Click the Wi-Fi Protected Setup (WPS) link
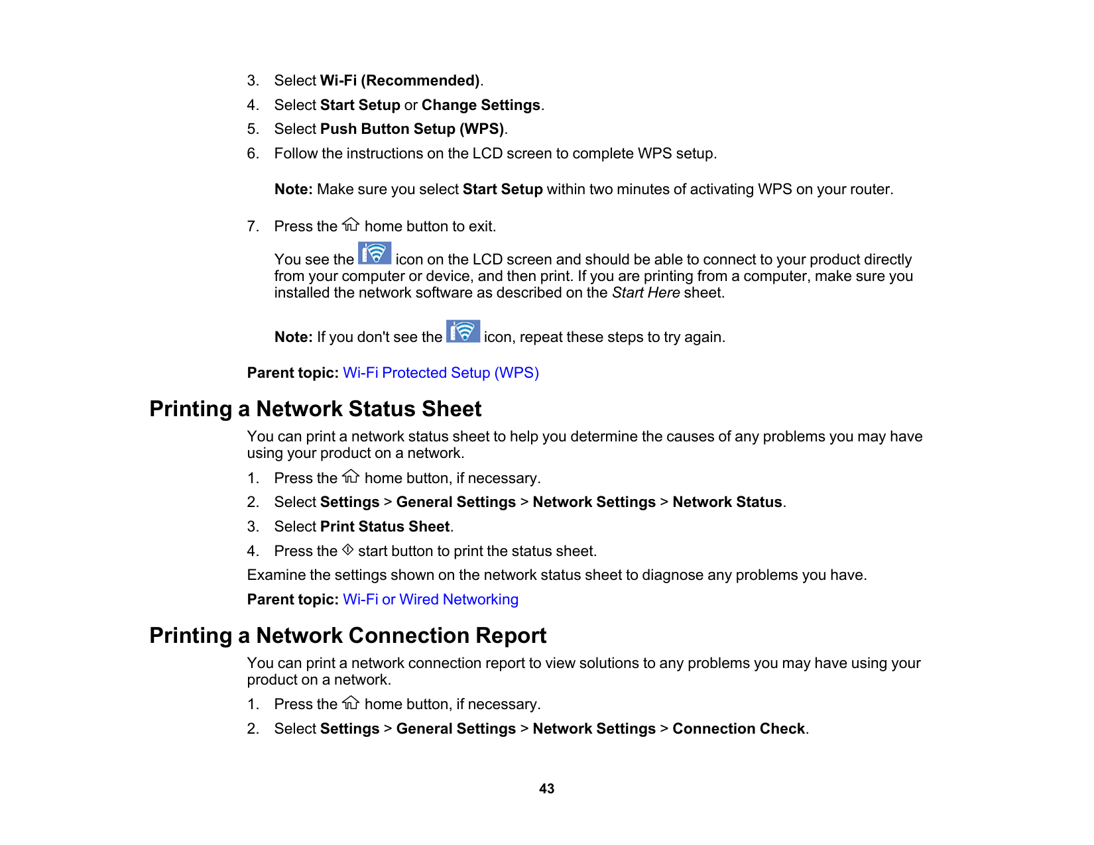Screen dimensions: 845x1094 (440, 373)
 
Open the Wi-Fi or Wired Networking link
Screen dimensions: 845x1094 (430, 600)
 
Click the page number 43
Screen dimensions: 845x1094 (546, 789)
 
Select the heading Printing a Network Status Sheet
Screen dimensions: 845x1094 (315, 409)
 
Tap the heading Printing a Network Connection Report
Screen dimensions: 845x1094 (347, 636)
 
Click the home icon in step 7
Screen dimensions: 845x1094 (351, 225)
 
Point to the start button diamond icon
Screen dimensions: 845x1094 (347, 550)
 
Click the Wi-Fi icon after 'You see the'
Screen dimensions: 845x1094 (375, 254)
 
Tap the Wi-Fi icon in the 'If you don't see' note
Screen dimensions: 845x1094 (463, 331)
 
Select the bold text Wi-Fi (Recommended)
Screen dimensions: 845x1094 (400, 81)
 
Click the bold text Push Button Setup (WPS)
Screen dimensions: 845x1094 (412, 129)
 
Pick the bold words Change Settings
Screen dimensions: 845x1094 (481, 105)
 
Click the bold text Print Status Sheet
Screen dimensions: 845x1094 (385, 527)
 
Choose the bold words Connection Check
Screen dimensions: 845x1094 (739, 729)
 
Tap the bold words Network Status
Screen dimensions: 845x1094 (727, 502)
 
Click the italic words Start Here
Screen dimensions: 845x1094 (645, 293)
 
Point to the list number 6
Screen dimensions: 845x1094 (253, 154)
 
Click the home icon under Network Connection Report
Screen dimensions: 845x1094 (351, 703)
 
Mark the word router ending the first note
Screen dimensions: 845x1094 (872, 190)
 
